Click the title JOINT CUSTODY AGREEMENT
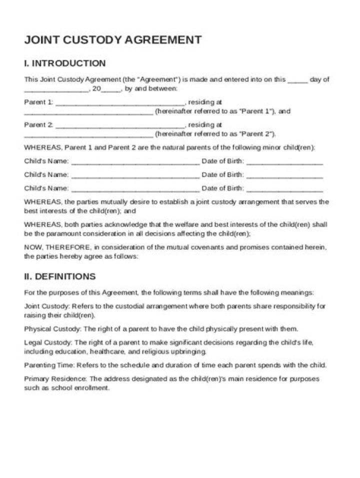(113, 40)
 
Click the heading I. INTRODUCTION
(65, 63)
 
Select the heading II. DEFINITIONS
(59, 276)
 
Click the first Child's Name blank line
(135, 162)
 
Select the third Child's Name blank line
(135, 189)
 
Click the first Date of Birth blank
(284, 162)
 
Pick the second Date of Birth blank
(284, 175)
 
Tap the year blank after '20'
(111, 89)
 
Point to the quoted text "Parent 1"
(256, 111)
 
